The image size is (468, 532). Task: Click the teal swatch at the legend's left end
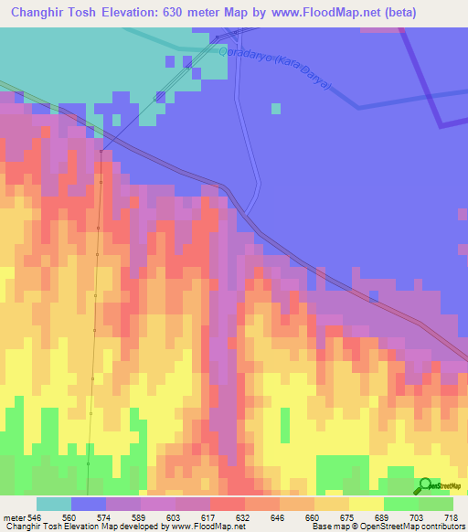pos(54,504)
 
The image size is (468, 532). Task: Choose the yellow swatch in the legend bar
pos(367,504)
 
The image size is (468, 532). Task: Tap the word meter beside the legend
pos(13,516)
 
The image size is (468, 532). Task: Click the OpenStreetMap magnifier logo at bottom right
pos(425,486)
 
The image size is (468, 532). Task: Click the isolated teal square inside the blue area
pos(276,108)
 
